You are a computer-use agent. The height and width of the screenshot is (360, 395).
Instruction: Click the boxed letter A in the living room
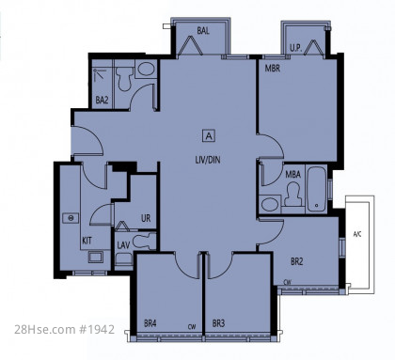(209, 136)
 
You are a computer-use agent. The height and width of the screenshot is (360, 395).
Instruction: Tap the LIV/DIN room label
(208, 160)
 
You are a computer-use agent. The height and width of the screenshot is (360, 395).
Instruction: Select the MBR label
(273, 69)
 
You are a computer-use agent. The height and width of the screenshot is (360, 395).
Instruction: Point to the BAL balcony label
(203, 31)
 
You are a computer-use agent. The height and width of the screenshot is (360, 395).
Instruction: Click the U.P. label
(295, 48)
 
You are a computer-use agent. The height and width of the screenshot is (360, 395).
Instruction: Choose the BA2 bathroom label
(102, 101)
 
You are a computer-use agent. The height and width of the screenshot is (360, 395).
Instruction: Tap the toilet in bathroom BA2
(125, 79)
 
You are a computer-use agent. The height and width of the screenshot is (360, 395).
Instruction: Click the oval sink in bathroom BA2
(146, 69)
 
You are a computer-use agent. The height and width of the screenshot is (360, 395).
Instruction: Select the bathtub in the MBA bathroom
(316, 189)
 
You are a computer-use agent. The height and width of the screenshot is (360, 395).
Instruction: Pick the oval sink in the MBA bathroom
(270, 204)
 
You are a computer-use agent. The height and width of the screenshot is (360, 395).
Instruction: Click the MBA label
(292, 175)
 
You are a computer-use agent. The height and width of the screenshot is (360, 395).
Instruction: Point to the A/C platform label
(357, 234)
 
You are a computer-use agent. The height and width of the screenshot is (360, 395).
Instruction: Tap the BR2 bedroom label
(296, 261)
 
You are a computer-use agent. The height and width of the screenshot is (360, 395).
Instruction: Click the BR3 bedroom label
(218, 323)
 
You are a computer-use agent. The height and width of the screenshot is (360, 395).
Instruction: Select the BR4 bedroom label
(150, 323)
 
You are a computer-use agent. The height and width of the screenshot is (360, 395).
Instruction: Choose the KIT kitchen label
(87, 241)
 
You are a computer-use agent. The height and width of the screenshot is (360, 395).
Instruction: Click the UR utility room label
(146, 218)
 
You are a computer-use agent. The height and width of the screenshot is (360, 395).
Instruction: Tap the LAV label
(123, 245)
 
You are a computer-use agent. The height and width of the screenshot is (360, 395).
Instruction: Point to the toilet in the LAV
(144, 242)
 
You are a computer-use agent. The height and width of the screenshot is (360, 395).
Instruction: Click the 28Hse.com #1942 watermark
(64, 329)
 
